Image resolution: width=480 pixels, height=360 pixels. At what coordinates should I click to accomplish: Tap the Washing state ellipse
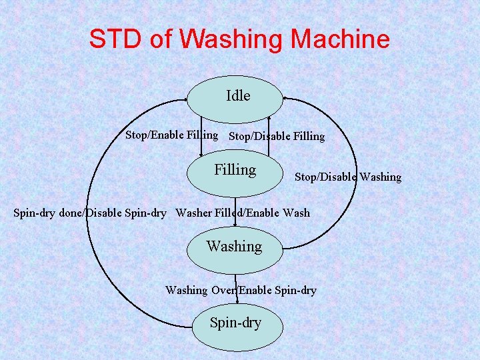235,247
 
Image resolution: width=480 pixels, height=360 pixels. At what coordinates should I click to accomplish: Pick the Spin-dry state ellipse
235,324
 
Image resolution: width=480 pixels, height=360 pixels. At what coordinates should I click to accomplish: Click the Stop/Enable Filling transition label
171,135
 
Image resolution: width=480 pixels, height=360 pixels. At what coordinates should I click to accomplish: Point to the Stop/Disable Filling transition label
277,137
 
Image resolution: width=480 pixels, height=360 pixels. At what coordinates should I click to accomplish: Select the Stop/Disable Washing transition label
348,177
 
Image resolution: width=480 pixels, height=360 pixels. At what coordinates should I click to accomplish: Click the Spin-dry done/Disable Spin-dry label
90,213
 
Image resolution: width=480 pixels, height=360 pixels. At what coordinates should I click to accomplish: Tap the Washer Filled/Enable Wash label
243,213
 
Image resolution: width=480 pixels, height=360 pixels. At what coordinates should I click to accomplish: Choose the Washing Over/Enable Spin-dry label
241,290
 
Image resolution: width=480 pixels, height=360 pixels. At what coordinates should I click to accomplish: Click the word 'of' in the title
161,40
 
